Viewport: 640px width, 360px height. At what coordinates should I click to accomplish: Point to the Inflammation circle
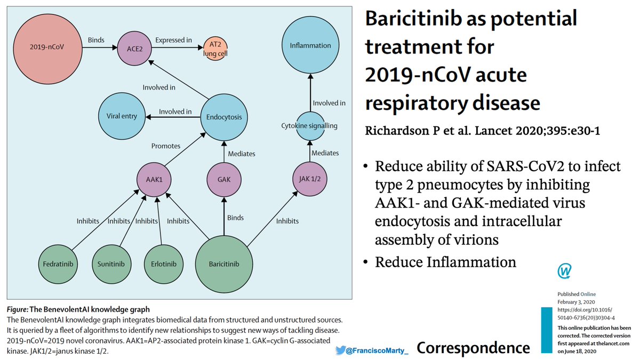[310, 46]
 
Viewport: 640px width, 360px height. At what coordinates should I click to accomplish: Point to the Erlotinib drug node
[164, 264]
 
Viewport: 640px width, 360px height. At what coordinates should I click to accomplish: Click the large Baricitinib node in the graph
[224, 264]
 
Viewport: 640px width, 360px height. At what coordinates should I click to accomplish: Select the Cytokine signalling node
[310, 126]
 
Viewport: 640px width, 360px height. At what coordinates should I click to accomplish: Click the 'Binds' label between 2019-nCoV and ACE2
[96, 41]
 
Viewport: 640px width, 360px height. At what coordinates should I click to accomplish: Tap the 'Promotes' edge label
[166, 146]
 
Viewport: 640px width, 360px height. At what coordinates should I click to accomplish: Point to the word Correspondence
[473, 348]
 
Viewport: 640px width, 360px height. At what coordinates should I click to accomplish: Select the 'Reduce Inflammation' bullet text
[445, 262]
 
